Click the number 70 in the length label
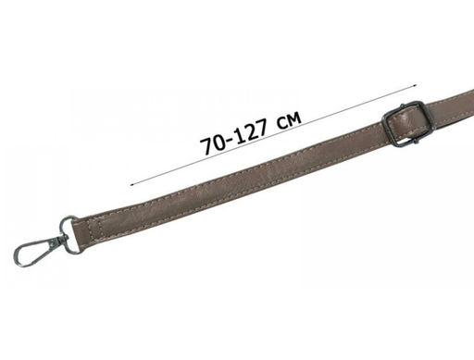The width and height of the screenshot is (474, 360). click(214, 143)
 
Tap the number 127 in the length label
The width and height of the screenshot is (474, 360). click(250, 132)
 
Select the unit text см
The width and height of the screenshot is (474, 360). click(290, 120)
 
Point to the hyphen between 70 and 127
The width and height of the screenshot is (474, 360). click(231, 140)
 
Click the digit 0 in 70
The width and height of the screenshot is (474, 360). click(220, 142)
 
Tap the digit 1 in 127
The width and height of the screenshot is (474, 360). click(239, 136)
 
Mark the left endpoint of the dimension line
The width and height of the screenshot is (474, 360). click(131, 185)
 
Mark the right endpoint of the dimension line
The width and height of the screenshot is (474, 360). click(416, 85)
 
